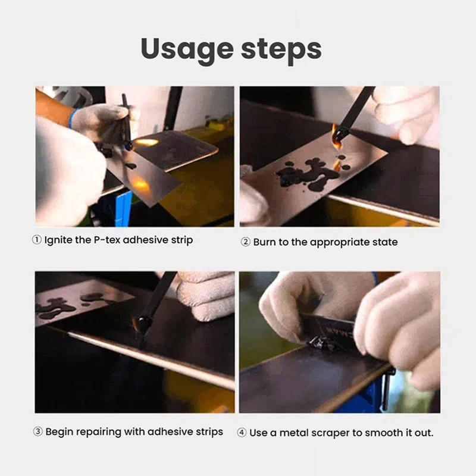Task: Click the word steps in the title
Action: click(281, 51)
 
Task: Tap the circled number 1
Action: click(37, 240)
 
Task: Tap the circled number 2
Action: click(245, 242)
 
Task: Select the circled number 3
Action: click(37, 431)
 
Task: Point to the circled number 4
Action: click(242, 433)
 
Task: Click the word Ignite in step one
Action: click(59, 240)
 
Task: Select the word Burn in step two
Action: click(264, 242)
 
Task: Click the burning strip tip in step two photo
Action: click(339, 134)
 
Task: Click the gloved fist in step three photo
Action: click(206, 295)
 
